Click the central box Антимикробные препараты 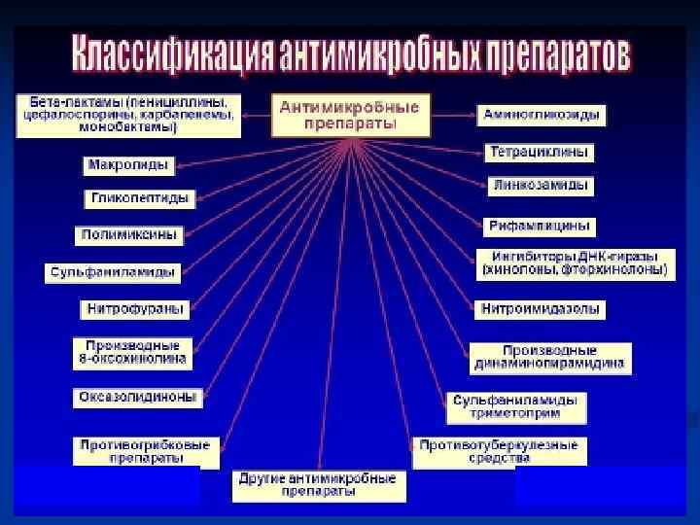(x=350, y=116)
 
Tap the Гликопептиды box (x=140, y=199)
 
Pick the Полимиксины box (x=128, y=235)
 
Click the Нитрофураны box (x=134, y=310)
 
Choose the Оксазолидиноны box (x=138, y=398)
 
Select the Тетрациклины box (x=539, y=153)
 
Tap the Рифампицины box (x=541, y=226)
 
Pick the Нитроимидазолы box (x=541, y=310)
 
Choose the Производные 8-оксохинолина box (x=132, y=352)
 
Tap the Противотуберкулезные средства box (x=499, y=451)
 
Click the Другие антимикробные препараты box (x=319, y=485)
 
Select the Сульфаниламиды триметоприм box (x=516, y=407)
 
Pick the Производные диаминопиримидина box (x=550, y=358)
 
